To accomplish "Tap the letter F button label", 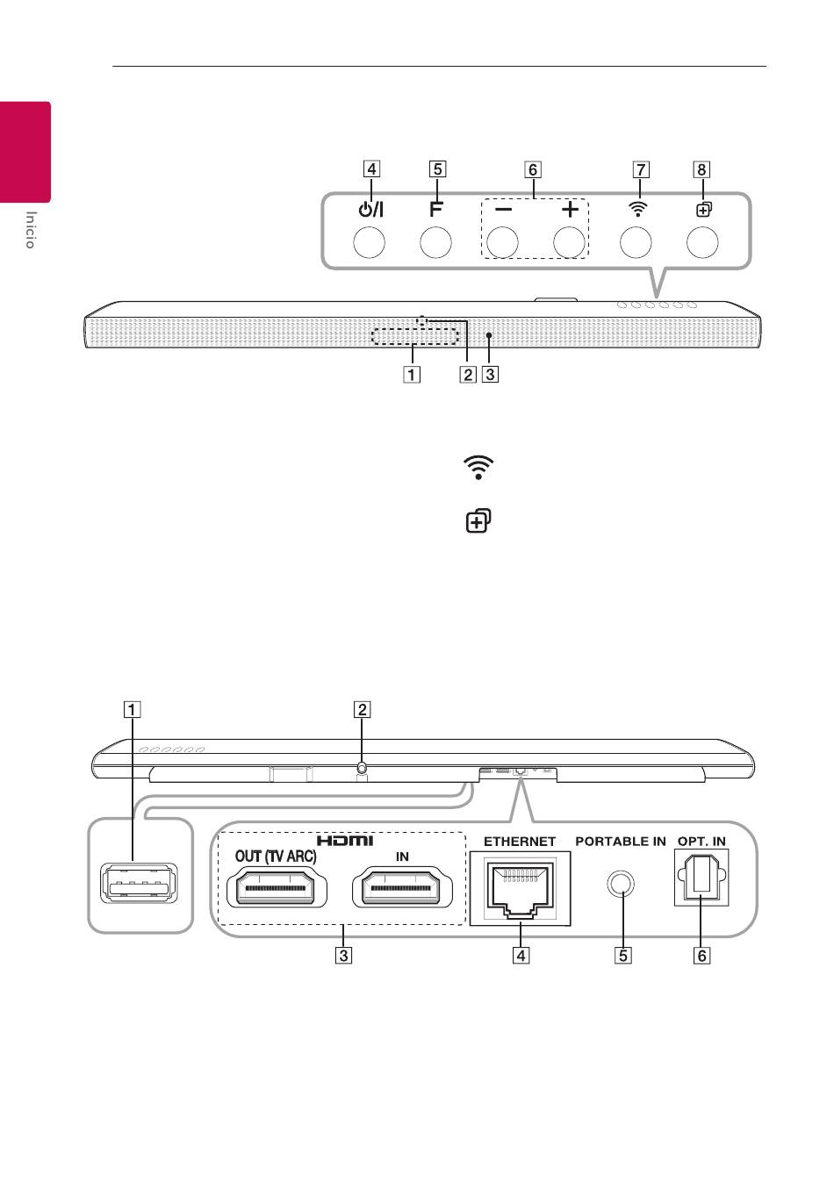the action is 435,210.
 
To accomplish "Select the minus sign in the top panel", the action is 503,210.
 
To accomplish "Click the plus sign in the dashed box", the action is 570,210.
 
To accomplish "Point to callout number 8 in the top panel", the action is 701,169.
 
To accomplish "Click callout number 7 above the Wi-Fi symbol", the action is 641,169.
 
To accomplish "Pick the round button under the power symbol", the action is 369,242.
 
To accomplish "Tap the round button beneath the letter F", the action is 435,242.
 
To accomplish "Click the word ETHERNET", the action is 520,842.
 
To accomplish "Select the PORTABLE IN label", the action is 621,842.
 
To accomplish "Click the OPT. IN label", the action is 702,842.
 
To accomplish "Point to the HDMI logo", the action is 345,840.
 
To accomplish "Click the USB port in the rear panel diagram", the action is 139,883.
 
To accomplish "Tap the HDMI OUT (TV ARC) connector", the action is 277,888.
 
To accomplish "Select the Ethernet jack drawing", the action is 521,888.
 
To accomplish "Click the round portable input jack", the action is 621,883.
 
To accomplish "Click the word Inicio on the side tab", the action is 31,230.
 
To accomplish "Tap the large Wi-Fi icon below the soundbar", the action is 478,467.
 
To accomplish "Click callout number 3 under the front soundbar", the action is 490,375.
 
